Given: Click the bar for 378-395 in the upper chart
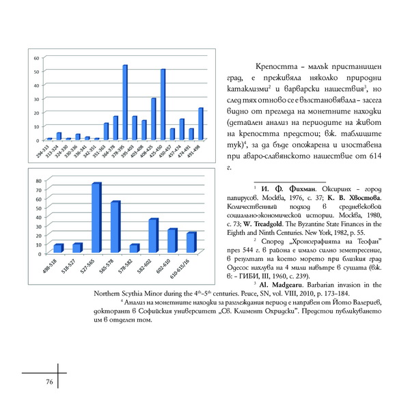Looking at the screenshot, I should [x=125, y=102].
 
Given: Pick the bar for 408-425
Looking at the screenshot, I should [x=154, y=119].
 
